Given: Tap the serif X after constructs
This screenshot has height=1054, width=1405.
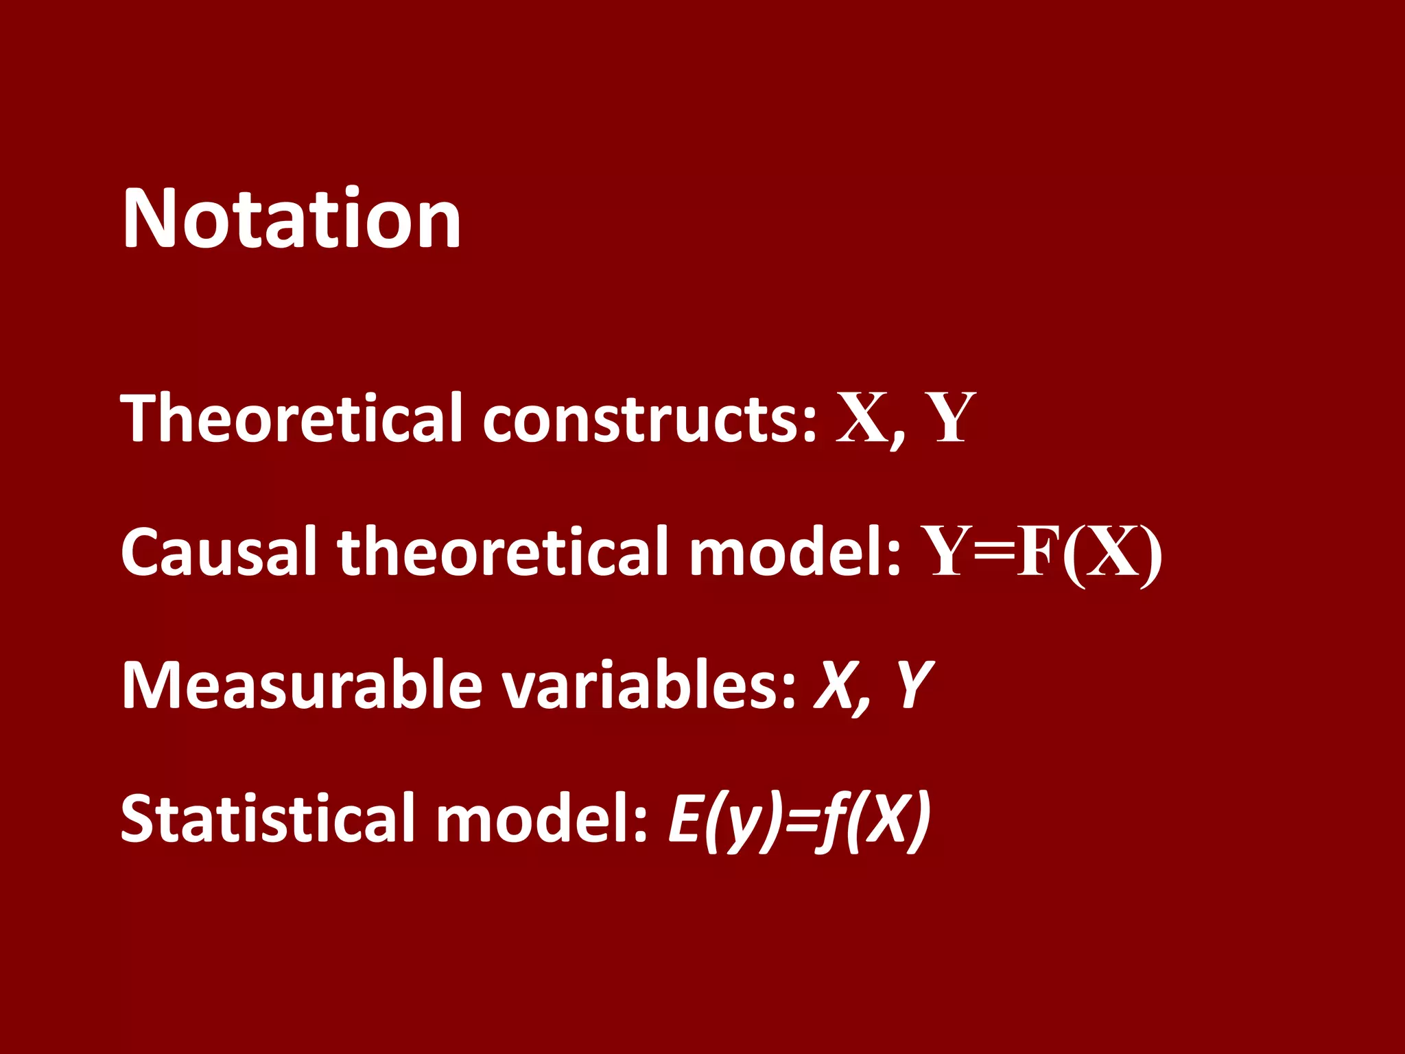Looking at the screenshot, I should point(864,417).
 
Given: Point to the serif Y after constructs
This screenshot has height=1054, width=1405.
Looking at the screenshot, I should point(949,417).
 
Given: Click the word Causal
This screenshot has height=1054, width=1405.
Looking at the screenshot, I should point(220,551).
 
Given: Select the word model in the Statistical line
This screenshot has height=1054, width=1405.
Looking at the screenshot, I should point(542,818).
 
